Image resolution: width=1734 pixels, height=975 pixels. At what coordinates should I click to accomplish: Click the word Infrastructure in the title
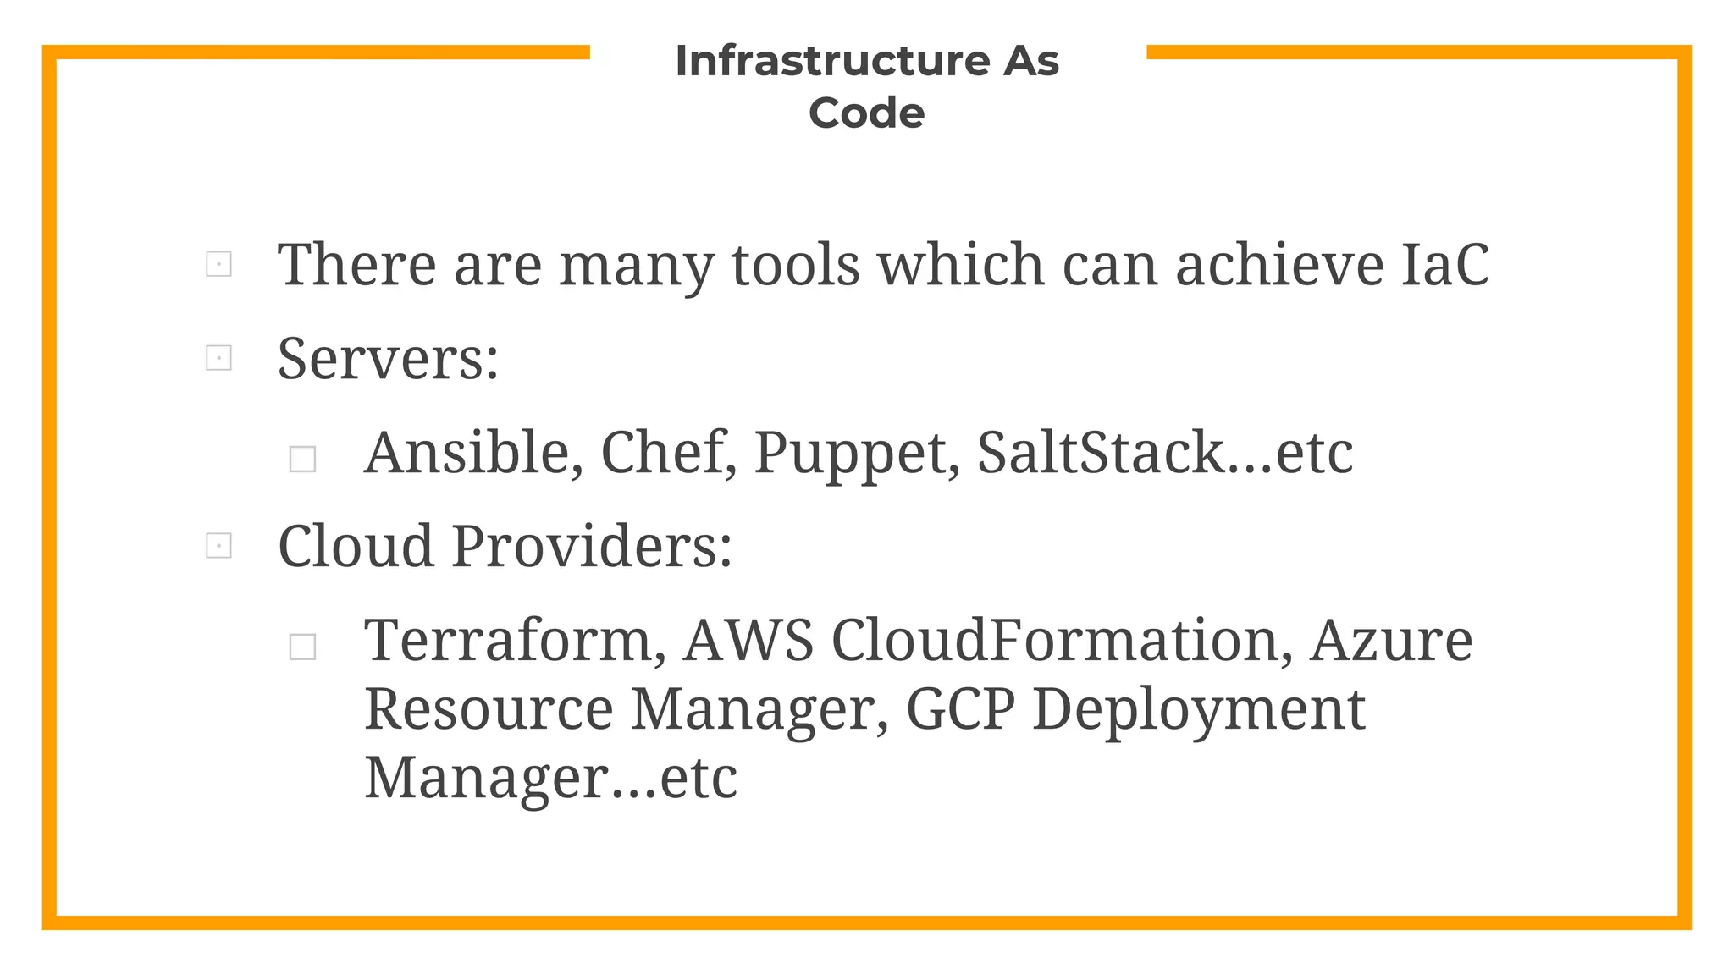831,61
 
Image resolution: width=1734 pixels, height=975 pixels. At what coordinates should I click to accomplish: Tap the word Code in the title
866,113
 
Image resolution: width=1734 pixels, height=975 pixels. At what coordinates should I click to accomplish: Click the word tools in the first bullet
795,265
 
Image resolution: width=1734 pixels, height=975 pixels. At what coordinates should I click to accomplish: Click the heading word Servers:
389,359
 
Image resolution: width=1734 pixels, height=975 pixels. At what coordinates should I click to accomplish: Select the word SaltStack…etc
1165,453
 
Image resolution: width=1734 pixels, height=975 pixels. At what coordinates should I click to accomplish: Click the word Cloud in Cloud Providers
356,546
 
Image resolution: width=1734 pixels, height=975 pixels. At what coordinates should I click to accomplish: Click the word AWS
748,641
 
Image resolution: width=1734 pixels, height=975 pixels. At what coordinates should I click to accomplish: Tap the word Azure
1391,641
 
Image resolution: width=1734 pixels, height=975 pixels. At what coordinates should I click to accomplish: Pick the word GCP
960,709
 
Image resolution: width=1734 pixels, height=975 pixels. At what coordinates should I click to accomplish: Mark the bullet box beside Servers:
218,358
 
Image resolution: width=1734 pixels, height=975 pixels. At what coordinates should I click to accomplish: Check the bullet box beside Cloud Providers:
218,546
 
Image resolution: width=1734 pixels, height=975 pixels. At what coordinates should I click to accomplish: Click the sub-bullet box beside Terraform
302,647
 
